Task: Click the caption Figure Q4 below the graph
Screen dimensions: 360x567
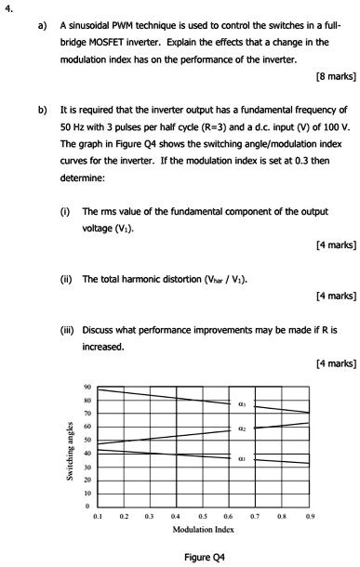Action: click(205, 557)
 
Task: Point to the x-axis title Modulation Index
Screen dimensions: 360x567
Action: click(203, 529)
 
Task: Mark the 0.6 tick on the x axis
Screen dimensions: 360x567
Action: click(230, 514)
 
